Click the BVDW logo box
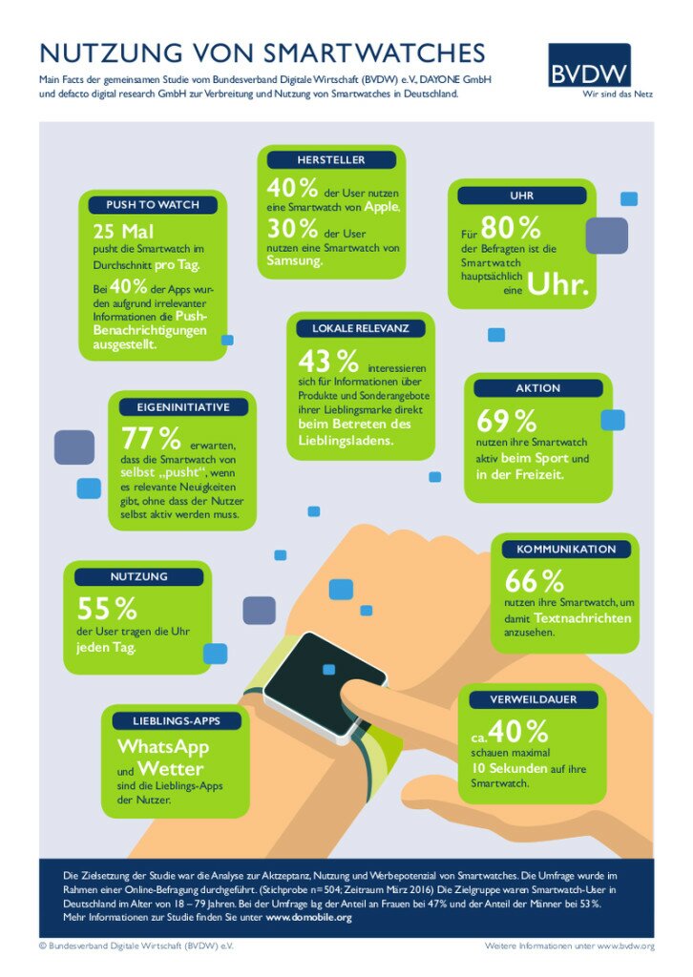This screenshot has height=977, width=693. pyautogui.click(x=589, y=66)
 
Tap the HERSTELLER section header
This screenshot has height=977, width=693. pyautogui.click(x=330, y=159)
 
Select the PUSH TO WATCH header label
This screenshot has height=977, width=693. pyautogui.click(x=153, y=205)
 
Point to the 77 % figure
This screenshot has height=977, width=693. pyautogui.click(x=151, y=439)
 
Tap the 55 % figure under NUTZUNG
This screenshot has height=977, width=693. pyautogui.click(x=107, y=608)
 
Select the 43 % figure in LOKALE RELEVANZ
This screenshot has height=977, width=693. pyautogui.click(x=328, y=362)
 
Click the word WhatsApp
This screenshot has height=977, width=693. pyautogui.click(x=163, y=746)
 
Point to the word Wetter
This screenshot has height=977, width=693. pyautogui.click(x=170, y=769)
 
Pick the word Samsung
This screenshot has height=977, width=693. pyautogui.click(x=295, y=261)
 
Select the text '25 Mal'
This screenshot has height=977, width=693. pyautogui.click(x=123, y=232)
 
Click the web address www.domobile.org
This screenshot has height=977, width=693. pyautogui.click(x=308, y=917)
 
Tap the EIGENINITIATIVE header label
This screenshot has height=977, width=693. pyautogui.click(x=177, y=407)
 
